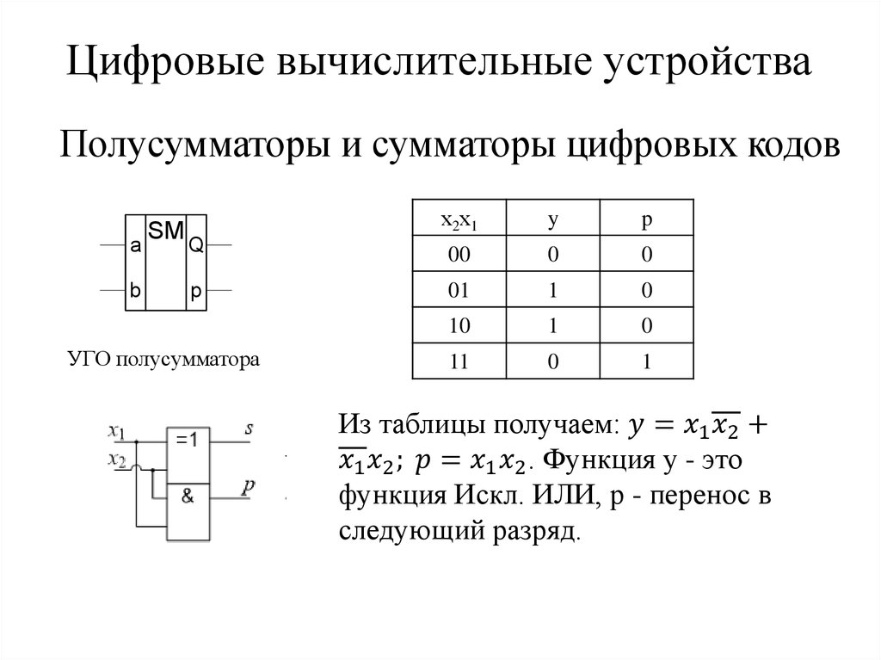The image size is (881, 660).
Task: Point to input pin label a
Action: (135, 246)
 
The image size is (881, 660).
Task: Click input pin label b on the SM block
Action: (135, 291)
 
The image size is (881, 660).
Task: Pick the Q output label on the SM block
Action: (196, 246)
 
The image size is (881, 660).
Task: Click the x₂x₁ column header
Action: (459, 220)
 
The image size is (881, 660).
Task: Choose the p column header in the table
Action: (646, 220)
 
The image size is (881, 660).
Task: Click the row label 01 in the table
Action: (459, 290)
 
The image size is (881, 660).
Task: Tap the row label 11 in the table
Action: (459, 362)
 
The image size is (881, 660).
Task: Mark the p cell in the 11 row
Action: (646, 362)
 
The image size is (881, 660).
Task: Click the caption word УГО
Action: (89, 359)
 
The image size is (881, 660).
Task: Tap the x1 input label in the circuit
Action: (118, 429)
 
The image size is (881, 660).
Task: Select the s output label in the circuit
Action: (249, 428)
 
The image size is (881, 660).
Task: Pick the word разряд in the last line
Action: (539, 531)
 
